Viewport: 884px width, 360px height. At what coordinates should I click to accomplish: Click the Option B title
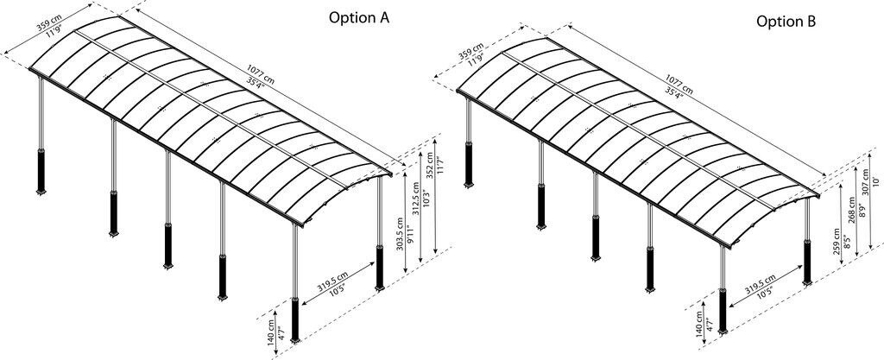[786, 22]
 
